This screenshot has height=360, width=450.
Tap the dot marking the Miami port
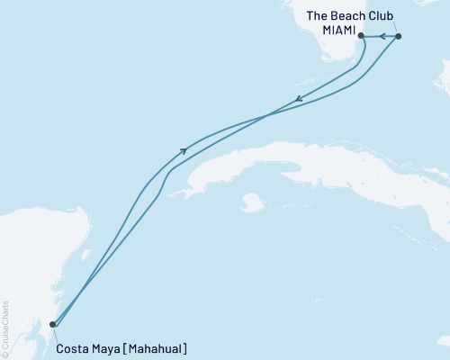click(361, 36)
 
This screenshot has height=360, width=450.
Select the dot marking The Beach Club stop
click(399, 36)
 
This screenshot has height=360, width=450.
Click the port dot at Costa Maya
click(52, 324)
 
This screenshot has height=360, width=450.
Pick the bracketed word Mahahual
click(157, 348)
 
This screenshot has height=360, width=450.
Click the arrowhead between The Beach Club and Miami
click(381, 36)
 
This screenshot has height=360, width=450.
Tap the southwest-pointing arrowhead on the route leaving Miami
click(298, 100)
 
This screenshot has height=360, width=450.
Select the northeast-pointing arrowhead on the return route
click(184, 150)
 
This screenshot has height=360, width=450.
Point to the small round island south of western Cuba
click(253, 202)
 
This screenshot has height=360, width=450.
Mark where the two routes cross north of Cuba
click(267, 116)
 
